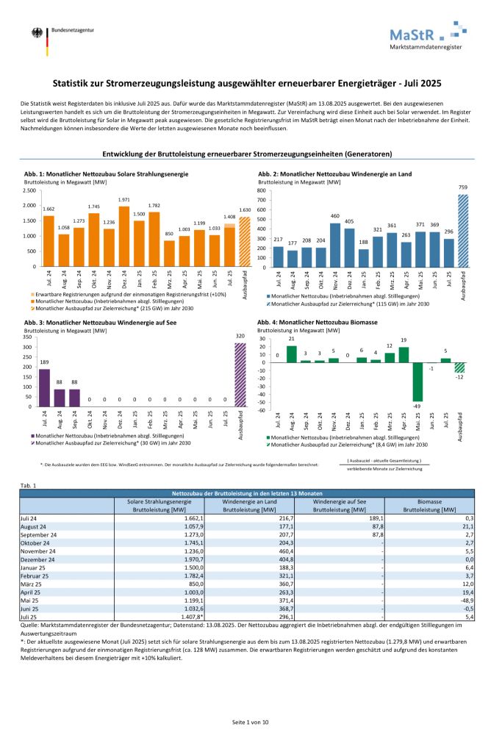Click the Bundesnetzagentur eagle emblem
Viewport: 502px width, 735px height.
[36, 35]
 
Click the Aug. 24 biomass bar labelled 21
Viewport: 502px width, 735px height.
[292, 354]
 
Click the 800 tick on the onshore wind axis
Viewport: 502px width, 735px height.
[262, 190]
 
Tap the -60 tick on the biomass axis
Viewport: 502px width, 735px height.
[262, 411]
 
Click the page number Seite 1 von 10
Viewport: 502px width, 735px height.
[251, 723]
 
